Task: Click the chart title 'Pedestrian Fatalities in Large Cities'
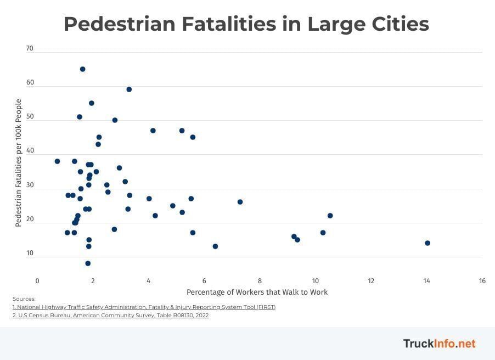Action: coord(246,24)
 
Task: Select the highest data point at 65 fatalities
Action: coord(82,69)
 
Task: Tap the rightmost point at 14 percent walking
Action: coord(428,243)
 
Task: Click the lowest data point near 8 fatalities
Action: coord(88,263)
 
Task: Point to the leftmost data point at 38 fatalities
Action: coord(57,161)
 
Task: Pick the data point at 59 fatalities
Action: coord(129,89)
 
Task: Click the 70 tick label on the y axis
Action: coord(30,48)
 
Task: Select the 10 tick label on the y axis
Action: coord(30,254)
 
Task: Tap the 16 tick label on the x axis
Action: coord(482,281)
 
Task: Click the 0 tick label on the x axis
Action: coord(37,281)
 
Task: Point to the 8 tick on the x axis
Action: coord(260,281)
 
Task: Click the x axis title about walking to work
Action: coord(257,292)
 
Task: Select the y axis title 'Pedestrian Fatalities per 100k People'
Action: coord(19,163)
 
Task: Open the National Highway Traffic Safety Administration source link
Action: coord(144,307)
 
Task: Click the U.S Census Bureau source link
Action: coord(110,316)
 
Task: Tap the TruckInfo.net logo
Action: coord(439,344)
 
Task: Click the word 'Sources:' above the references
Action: coord(24,299)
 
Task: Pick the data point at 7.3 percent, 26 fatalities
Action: coord(240,202)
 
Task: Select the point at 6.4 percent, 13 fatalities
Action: coord(215,246)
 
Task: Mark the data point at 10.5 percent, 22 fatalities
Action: coord(330,216)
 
